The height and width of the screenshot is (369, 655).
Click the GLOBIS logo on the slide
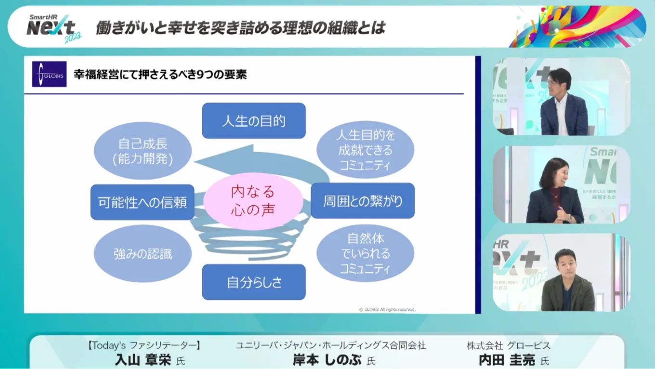pyautogui.click(x=49, y=74)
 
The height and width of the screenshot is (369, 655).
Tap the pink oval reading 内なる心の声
pyautogui.click(x=253, y=200)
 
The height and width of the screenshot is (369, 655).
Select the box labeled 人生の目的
pyautogui.click(x=254, y=120)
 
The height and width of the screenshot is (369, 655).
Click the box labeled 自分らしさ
pyautogui.click(x=254, y=282)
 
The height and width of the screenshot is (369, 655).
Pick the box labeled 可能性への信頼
pyautogui.click(x=143, y=202)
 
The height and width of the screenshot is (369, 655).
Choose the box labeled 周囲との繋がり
pyautogui.click(x=363, y=200)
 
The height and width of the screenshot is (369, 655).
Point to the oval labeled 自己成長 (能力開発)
pyautogui.click(x=143, y=151)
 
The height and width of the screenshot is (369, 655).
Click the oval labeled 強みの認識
pyautogui.click(x=143, y=253)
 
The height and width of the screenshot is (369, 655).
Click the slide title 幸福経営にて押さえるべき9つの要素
pyautogui.click(x=160, y=75)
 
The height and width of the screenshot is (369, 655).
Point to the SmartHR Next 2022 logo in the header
pyautogui.click(x=53, y=28)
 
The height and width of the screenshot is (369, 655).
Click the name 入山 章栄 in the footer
pyautogui.click(x=143, y=360)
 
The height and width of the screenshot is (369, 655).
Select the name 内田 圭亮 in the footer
pyautogui.click(x=507, y=360)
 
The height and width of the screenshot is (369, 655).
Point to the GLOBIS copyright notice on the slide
pyautogui.click(x=387, y=310)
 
